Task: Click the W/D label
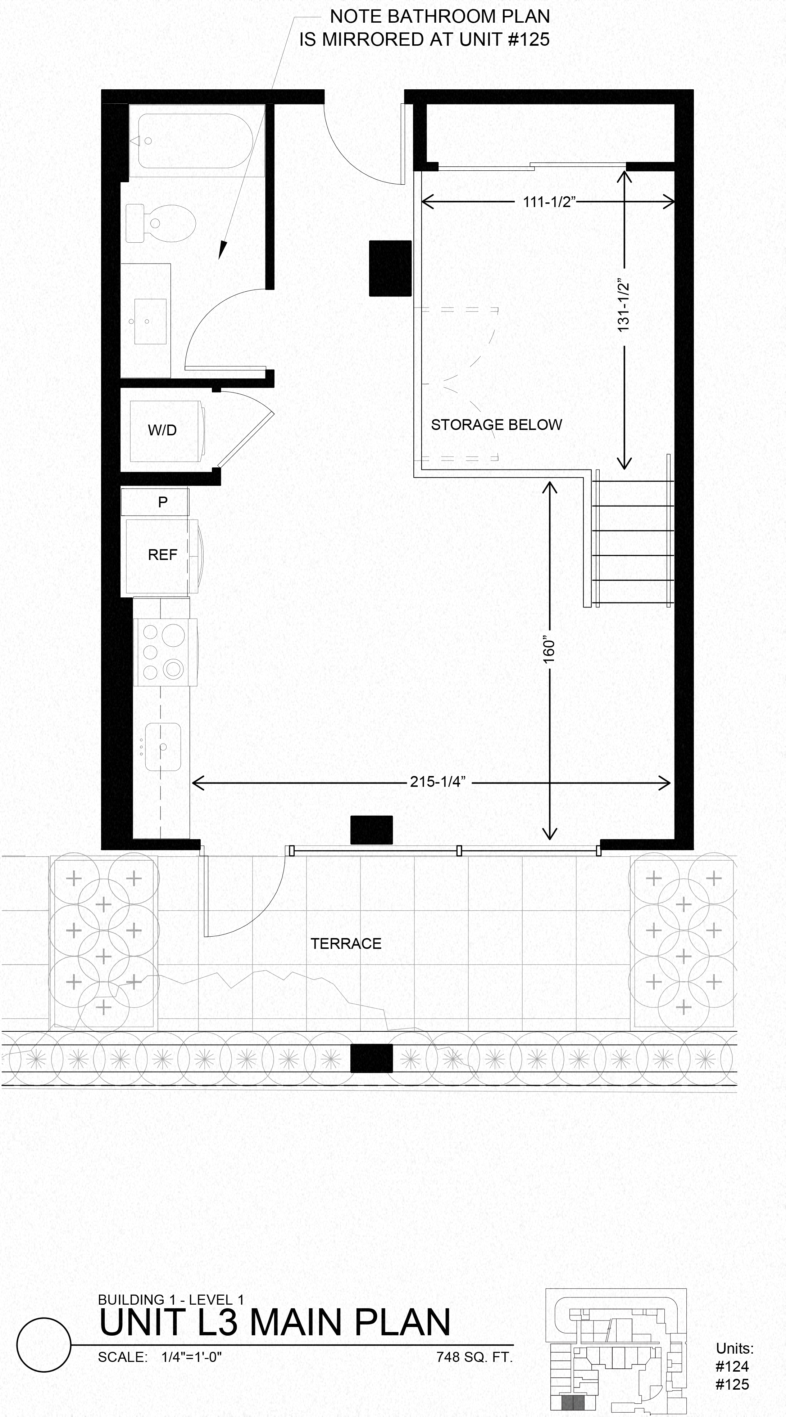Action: tap(162, 430)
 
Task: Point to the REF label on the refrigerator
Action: tap(162, 555)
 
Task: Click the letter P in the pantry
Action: tap(163, 502)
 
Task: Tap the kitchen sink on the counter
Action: tap(163, 746)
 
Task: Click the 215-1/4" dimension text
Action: tap(437, 782)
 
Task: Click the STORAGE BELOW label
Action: tap(496, 425)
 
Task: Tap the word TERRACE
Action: tap(346, 943)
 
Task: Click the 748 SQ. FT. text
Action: tap(474, 1357)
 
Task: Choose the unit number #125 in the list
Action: tap(732, 1384)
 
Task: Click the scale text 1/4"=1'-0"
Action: tap(191, 1357)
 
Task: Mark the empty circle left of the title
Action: tap(44, 1345)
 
